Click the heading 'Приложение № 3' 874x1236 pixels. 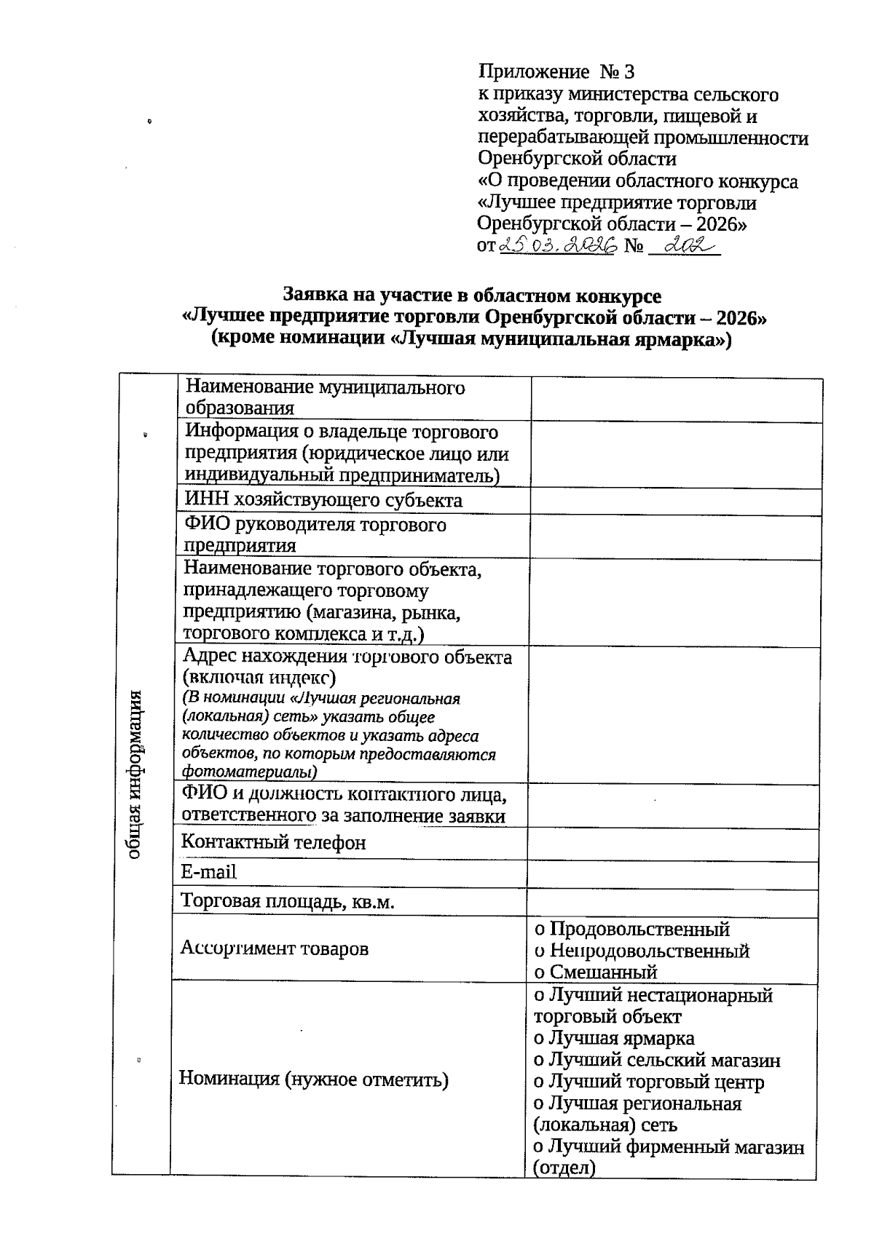click(556, 71)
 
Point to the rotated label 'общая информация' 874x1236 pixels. click(134, 773)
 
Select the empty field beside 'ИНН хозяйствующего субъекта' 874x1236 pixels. click(675, 501)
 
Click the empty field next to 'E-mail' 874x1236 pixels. click(674, 873)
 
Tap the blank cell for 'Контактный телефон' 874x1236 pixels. click(674, 844)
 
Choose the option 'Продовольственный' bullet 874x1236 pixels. click(540, 930)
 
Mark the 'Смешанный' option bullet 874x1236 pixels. click(540, 972)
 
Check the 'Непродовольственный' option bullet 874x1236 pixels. click(540, 951)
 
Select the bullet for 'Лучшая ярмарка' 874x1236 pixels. click(539, 1039)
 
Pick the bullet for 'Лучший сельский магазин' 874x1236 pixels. click(539, 1061)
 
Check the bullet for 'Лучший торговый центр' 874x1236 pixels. click(539, 1082)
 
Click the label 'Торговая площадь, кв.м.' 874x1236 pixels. click(288, 903)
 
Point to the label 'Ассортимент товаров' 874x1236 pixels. click(274, 948)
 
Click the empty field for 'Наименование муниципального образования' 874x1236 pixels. click(676, 399)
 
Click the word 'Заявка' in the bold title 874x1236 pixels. click(310, 296)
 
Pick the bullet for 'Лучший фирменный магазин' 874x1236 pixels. click(539, 1148)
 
